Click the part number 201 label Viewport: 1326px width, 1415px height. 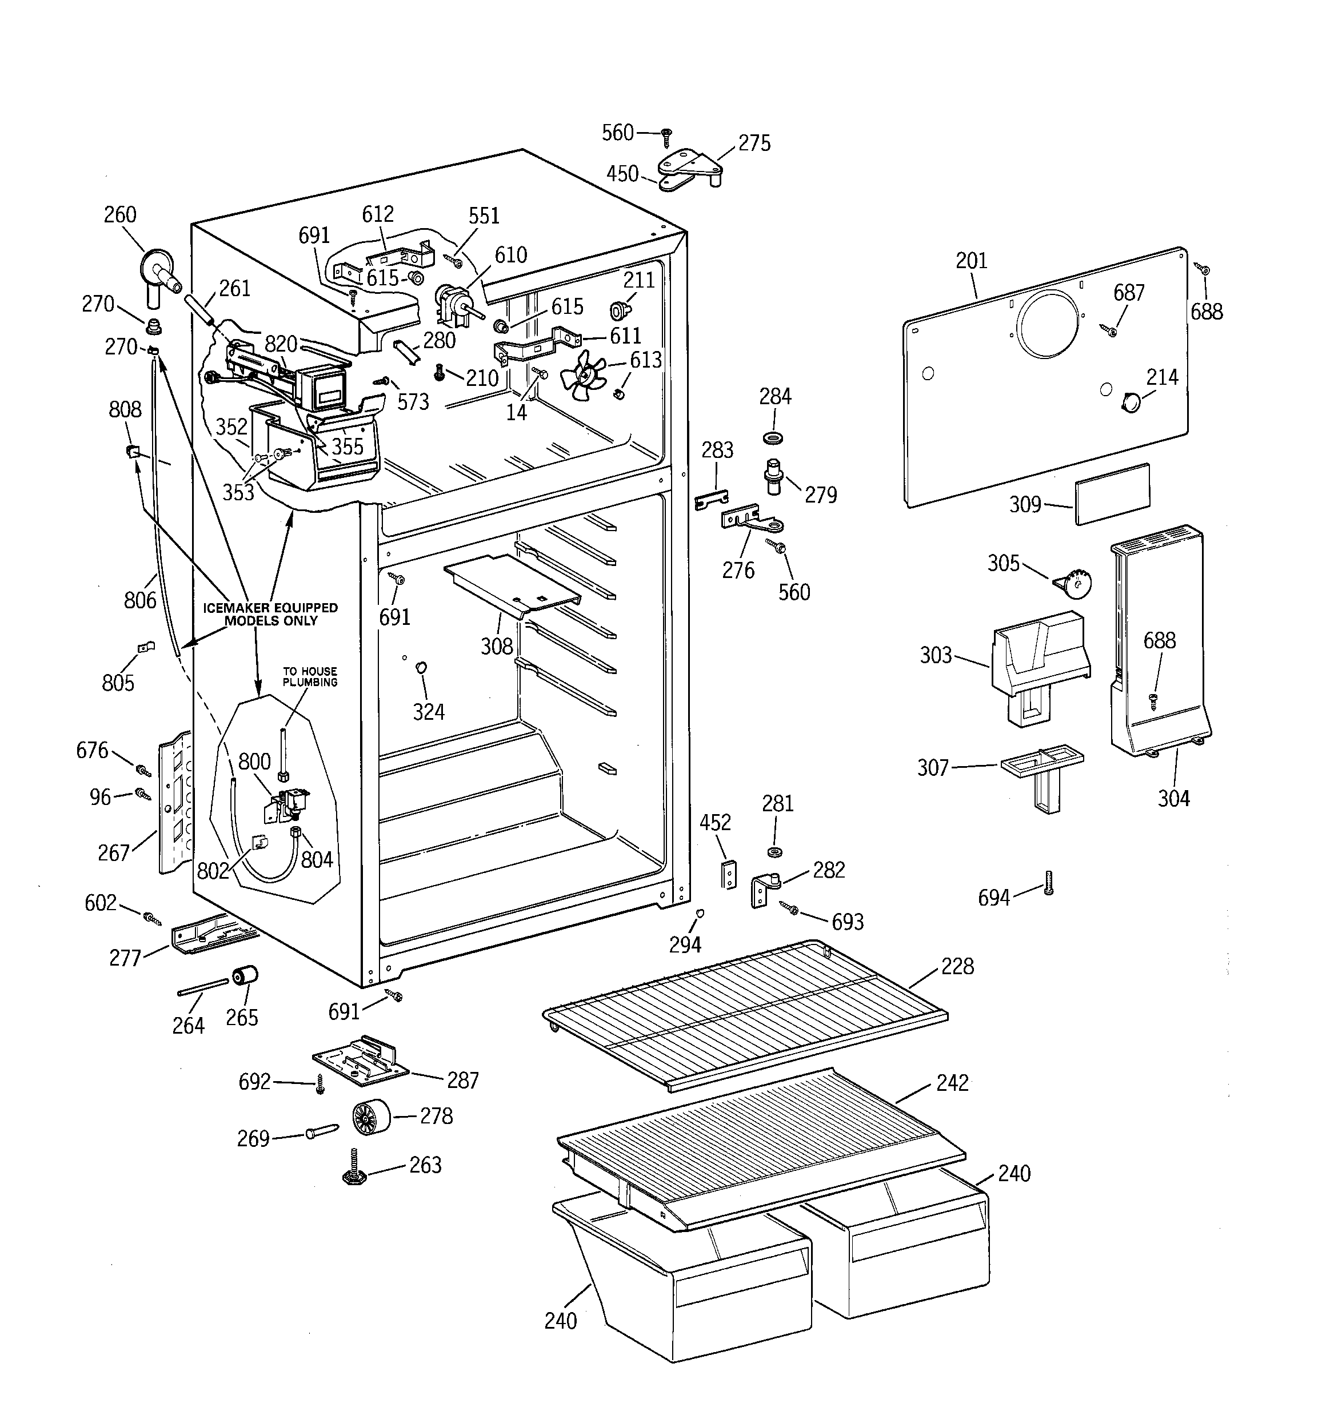pyautogui.click(x=971, y=261)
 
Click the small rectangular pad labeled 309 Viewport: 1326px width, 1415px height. pyautogui.click(x=1112, y=494)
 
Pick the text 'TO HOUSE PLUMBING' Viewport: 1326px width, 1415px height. pyautogui.click(x=310, y=676)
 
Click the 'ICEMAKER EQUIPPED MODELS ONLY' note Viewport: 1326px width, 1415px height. pyautogui.click(x=270, y=613)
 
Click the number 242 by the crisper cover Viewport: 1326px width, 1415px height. pyautogui.click(x=952, y=1083)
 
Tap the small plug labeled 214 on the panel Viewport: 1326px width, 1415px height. pyautogui.click(x=1129, y=403)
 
